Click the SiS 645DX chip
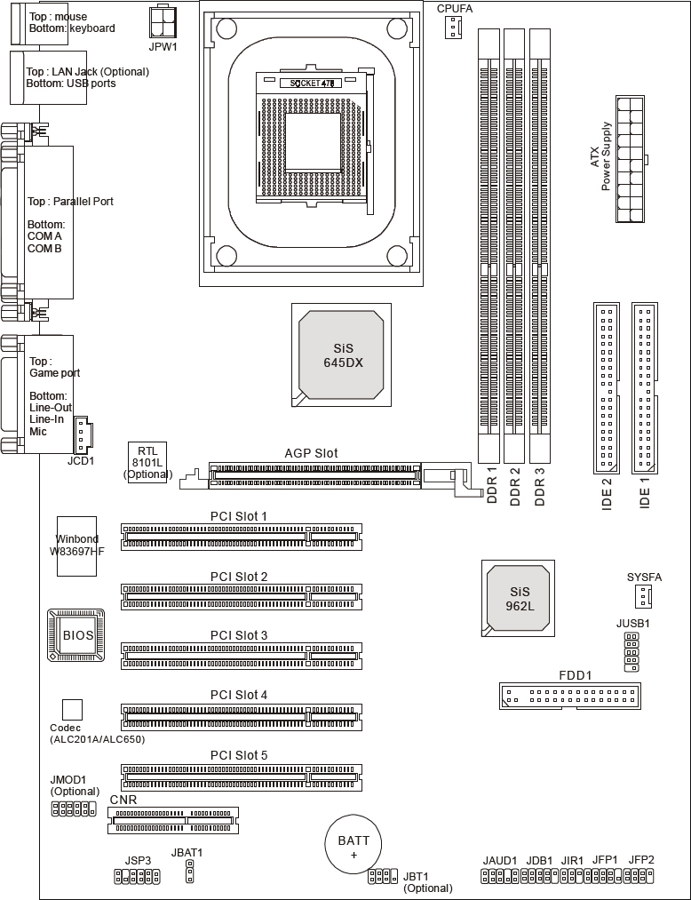341,355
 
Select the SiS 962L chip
518,598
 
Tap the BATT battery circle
353,846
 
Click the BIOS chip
76,635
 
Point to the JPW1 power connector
163,22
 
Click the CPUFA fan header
453,27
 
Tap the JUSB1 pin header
631,652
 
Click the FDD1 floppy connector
570,697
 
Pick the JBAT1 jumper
189,871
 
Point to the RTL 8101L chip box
147,462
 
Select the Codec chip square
72,710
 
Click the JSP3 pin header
137,876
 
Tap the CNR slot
172,820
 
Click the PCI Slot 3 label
239,635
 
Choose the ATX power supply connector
631,159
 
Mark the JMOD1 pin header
74,808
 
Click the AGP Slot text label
311,453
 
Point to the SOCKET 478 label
312,84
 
